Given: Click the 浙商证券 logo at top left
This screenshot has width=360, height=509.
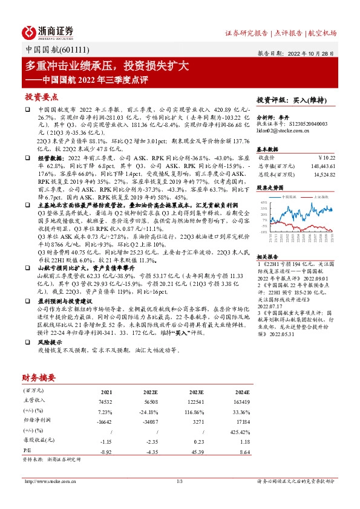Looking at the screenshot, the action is pyautogui.click(x=48, y=31).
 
